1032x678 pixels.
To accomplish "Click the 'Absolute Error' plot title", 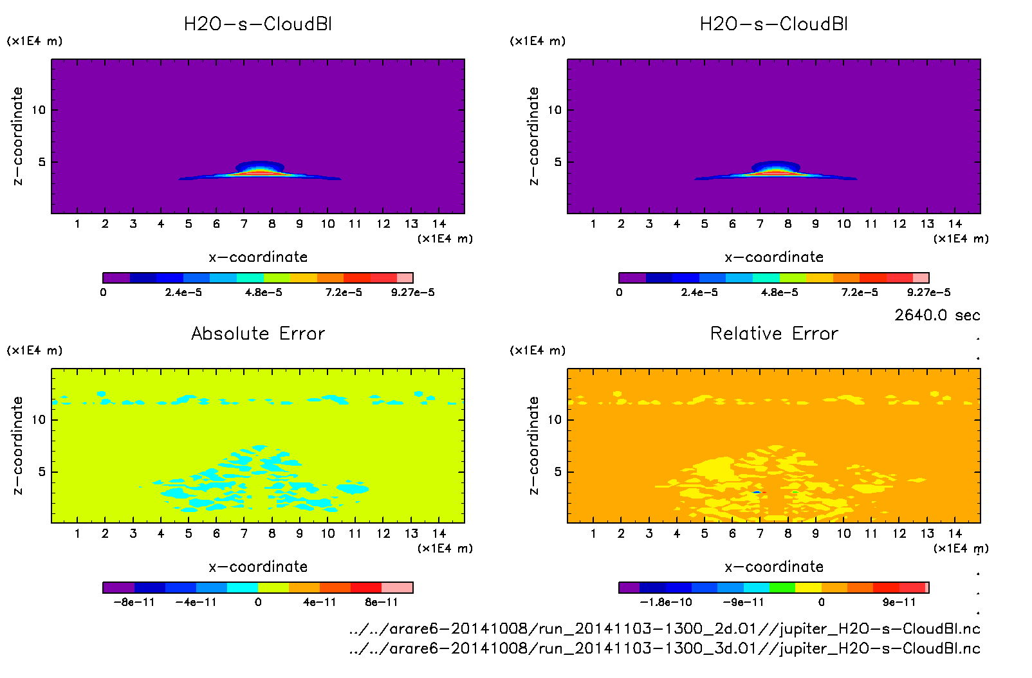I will click(x=258, y=333).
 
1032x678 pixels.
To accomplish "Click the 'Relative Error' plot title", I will click(x=774, y=333).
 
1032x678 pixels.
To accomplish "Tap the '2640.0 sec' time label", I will click(x=937, y=315).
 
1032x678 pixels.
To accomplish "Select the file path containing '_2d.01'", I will click(x=664, y=628).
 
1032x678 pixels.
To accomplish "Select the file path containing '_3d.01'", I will click(x=664, y=648).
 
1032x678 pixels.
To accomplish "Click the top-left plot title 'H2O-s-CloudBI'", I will click(x=258, y=24).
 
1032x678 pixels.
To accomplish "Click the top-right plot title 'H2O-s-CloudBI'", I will click(x=774, y=24).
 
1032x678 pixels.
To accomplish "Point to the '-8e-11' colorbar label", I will click(x=134, y=603).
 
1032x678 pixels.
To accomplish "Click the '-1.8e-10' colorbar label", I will click(x=666, y=603).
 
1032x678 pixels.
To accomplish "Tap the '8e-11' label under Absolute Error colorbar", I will click(x=382, y=603).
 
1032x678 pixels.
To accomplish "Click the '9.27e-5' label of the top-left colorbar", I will click(x=412, y=293).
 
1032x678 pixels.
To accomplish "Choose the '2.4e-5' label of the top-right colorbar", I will click(x=699, y=293).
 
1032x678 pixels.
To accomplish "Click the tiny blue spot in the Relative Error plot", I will click(x=757, y=492).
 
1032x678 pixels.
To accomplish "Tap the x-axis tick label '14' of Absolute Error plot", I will click(x=439, y=533).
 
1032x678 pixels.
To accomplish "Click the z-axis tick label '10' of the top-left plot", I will click(x=39, y=110).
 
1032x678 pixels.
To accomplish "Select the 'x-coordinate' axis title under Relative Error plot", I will click(x=774, y=567).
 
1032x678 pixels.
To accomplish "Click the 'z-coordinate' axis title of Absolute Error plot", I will click(x=17, y=445).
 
